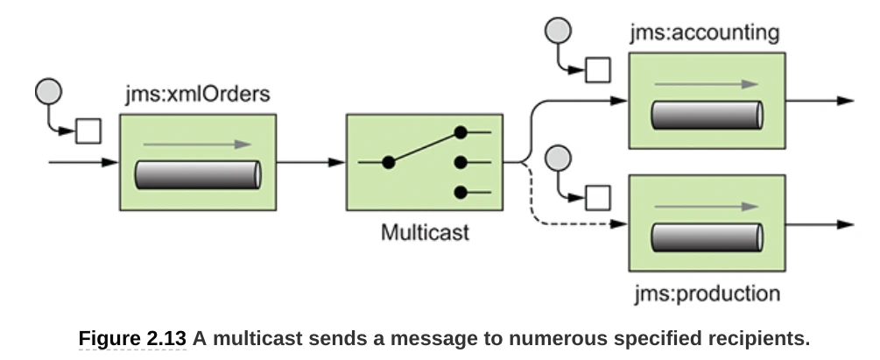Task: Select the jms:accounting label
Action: [x=703, y=34]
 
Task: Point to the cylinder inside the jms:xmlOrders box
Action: [x=198, y=175]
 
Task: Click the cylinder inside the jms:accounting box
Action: [x=705, y=115]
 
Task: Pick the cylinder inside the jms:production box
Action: [x=705, y=237]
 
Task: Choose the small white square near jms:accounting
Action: [x=598, y=69]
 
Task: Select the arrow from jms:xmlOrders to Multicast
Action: [x=311, y=162]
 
